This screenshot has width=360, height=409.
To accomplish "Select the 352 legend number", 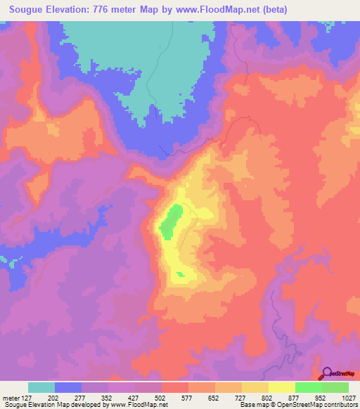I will pyautogui.click(x=108, y=398).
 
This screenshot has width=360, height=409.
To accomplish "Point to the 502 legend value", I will pyautogui.click(x=162, y=398).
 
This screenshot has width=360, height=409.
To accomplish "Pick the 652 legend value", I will pyautogui.click(x=215, y=398).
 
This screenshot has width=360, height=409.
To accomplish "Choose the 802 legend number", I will pyautogui.click(x=268, y=398).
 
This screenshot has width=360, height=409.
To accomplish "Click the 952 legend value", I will pyautogui.click(x=321, y=398).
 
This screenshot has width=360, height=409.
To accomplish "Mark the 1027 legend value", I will pyautogui.click(x=348, y=398).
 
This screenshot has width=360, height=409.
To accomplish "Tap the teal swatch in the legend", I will pyautogui.click(x=41, y=387).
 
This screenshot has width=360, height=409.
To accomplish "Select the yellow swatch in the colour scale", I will pyautogui.click(x=281, y=387).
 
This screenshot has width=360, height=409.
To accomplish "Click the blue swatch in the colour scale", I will pyautogui.click(x=68, y=387).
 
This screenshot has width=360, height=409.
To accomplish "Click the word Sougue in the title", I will pyautogui.click(x=29, y=9).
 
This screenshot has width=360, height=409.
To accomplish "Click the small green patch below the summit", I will pyautogui.click(x=181, y=274).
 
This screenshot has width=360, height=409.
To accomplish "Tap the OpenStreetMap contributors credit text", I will pyautogui.click(x=317, y=405).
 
